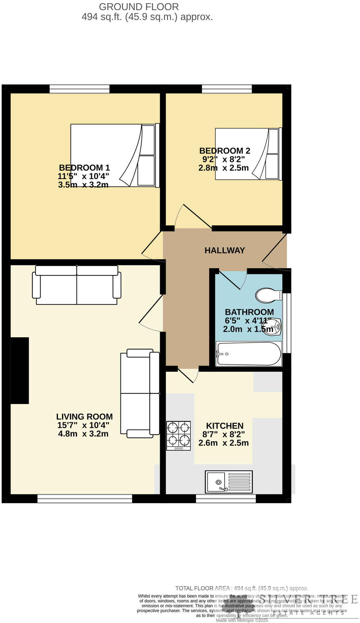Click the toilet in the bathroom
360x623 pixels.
pyautogui.click(x=268, y=295)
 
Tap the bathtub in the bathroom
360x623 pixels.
pyautogui.click(x=249, y=354)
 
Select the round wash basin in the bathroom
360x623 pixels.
pyautogui.click(x=273, y=327)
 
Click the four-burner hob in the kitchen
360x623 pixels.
pyautogui.click(x=179, y=436)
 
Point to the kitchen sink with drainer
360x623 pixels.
pyautogui.click(x=229, y=481)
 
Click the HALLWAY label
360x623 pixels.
pyautogui.click(x=224, y=250)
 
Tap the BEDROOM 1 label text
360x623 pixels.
pyautogui.click(x=84, y=168)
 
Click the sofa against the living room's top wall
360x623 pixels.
pyautogui.click(x=77, y=285)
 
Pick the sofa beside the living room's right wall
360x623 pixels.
pyautogui.click(x=140, y=393)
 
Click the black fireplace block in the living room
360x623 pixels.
pyautogui.click(x=20, y=370)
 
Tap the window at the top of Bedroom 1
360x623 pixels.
pyautogui.click(x=80, y=89)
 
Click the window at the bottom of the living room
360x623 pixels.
pyautogui.click(x=85, y=498)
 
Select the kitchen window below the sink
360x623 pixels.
pyautogui.click(x=226, y=498)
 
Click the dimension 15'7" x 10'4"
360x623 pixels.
pyautogui.click(x=83, y=425)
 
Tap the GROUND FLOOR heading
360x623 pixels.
pyautogui.click(x=139, y=7)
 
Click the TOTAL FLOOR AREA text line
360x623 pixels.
pyautogui.click(x=242, y=588)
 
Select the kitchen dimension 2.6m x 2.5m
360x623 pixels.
pyautogui.click(x=223, y=443)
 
